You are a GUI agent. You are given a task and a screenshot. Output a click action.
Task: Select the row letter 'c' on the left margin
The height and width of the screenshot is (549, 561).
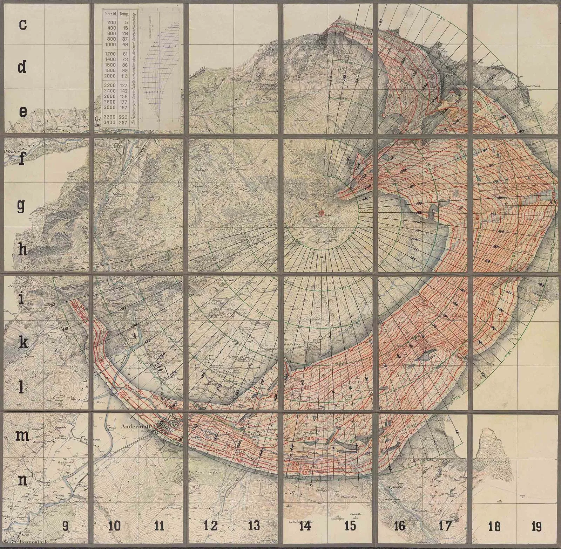(x=23, y=25)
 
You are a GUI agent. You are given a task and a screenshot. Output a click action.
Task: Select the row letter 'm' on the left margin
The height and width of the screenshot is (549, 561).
(x=23, y=436)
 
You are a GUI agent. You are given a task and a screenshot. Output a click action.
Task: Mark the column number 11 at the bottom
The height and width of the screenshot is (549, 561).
(x=160, y=526)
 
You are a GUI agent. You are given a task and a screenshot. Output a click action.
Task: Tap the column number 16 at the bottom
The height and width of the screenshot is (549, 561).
(x=399, y=526)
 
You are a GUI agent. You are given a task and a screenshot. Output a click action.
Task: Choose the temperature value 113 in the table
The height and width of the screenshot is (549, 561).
(x=124, y=76)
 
